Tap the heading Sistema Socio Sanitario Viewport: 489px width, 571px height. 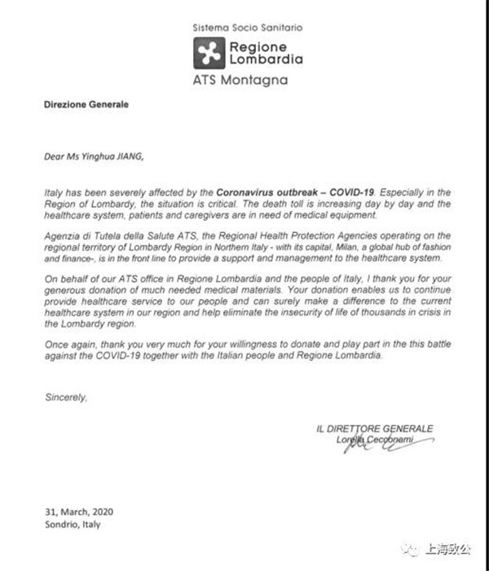click(247, 27)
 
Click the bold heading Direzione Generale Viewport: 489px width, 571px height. click(74, 105)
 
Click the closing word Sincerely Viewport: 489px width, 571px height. click(64, 398)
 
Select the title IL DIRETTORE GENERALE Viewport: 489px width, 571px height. click(374, 428)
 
